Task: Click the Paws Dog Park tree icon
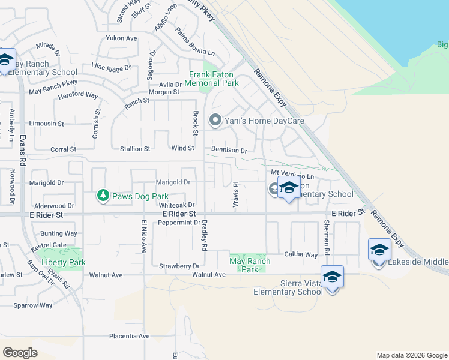tap(103, 196)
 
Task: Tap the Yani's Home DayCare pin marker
tap(215, 121)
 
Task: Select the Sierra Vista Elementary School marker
tap(332, 277)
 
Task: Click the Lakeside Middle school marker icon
tap(379, 250)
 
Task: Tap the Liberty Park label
tap(60, 262)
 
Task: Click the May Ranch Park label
tap(250, 265)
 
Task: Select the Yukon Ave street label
tap(122, 38)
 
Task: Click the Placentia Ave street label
tap(129, 336)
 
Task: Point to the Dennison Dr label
tap(229, 150)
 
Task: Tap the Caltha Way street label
tap(300, 254)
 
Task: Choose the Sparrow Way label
tap(33, 305)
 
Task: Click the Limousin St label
tap(47, 123)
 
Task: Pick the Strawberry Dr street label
tap(179, 265)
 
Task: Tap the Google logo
tap(20, 352)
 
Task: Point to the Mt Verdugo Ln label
tap(292, 176)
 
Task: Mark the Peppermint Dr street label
tap(179, 222)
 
